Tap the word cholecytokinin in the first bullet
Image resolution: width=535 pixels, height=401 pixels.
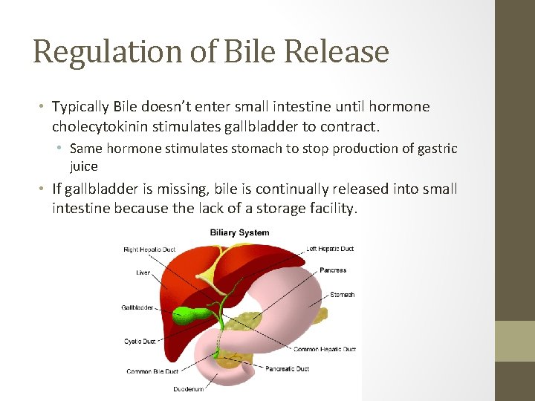coord(97,125)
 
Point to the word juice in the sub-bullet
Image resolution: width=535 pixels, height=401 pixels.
coord(83,166)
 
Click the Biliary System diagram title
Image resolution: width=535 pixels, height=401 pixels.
coord(239,233)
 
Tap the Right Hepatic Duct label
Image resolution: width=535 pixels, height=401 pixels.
coord(149,250)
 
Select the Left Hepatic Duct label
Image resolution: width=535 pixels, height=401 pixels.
coord(330,249)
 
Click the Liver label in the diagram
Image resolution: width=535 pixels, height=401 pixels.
coord(143,273)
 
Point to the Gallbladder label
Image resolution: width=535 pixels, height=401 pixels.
coord(137,307)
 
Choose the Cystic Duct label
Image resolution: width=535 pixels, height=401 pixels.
coord(139,342)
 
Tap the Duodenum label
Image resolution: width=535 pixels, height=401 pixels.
coord(189,389)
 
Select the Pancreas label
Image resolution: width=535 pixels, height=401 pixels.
coord(334,270)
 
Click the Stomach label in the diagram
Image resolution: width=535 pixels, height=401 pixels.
coord(342,295)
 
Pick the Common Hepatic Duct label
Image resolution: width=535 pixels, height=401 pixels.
coord(325,349)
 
